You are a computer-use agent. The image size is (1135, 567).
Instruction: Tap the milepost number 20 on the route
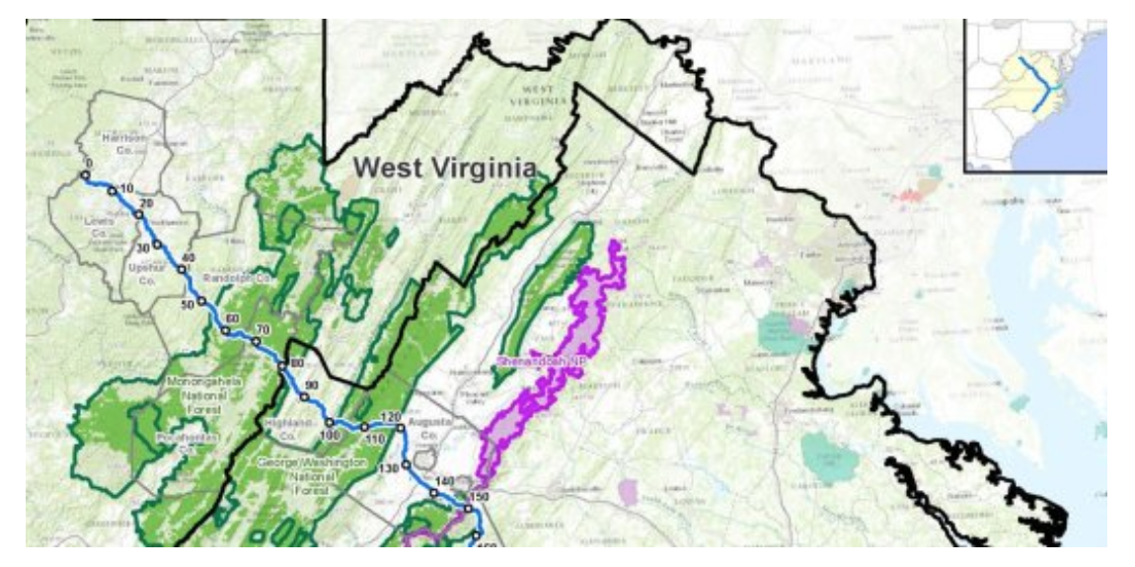(x=148, y=203)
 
